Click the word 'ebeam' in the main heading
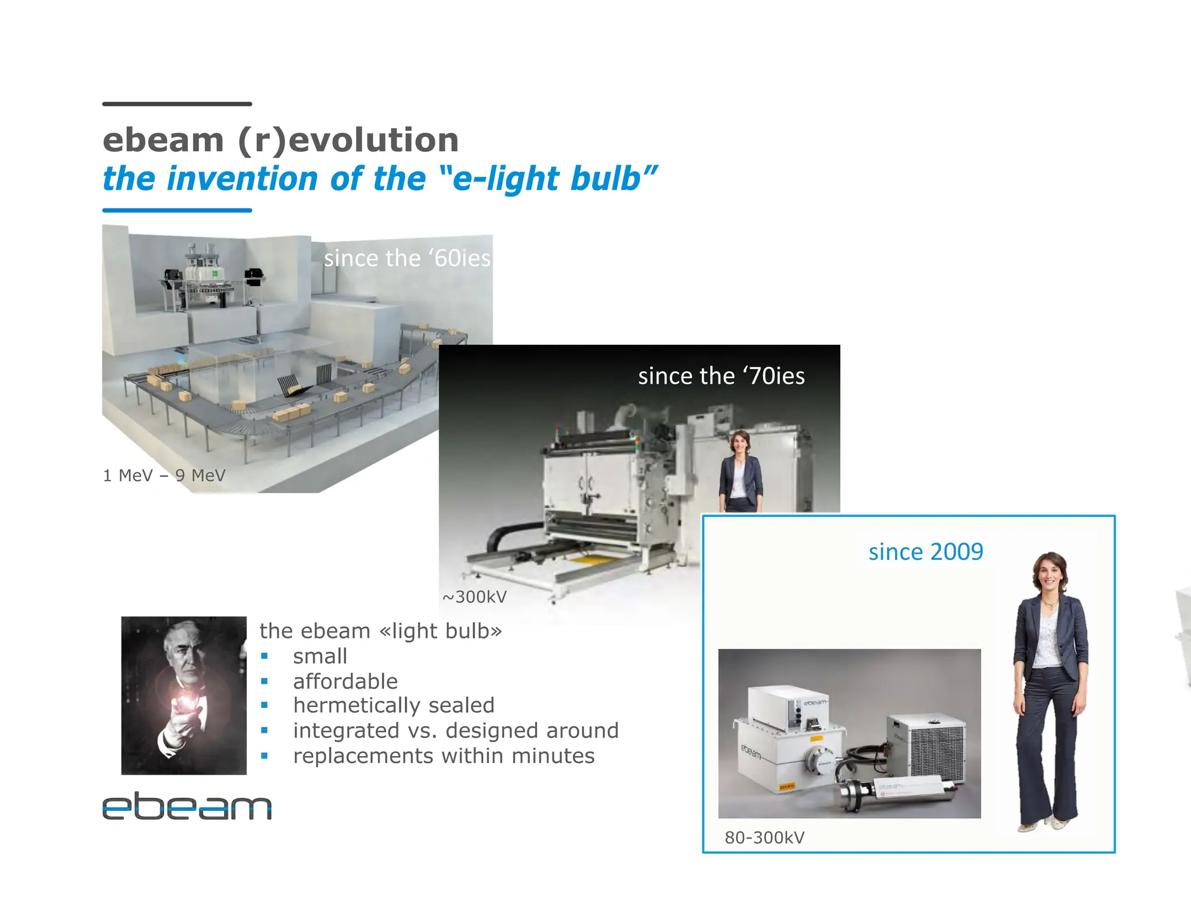(x=163, y=140)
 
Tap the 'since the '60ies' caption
(x=407, y=258)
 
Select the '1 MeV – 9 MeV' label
(x=164, y=476)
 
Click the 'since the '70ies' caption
(x=721, y=376)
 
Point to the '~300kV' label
(x=475, y=597)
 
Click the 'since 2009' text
(x=926, y=552)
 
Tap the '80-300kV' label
(x=764, y=838)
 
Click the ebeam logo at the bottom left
(x=187, y=807)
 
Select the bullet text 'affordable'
(x=345, y=682)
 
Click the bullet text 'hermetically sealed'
(x=394, y=705)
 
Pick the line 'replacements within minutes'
(x=444, y=756)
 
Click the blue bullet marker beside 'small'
(x=265, y=657)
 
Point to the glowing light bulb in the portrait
(x=187, y=704)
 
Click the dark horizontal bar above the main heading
(x=177, y=104)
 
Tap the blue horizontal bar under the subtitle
(x=177, y=211)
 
